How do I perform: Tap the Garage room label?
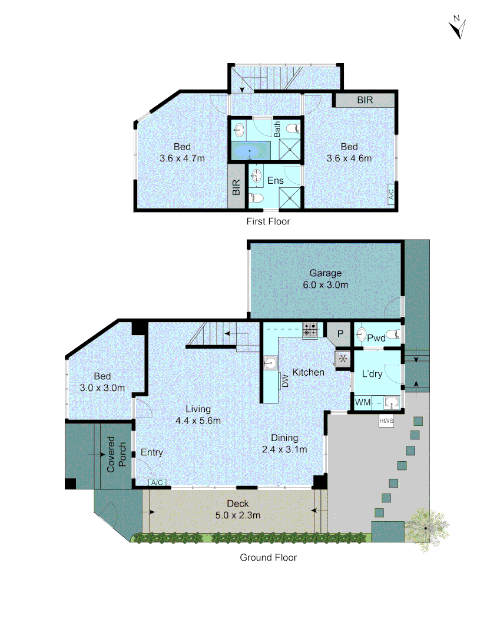(x=326, y=273)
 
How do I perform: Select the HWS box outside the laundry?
(x=386, y=421)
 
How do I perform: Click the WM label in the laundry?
(x=363, y=403)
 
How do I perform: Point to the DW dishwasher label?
(x=285, y=380)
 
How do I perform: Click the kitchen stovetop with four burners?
(x=310, y=330)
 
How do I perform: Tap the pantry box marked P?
(x=339, y=334)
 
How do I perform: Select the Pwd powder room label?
(x=376, y=338)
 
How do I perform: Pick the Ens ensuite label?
(x=276, y=180)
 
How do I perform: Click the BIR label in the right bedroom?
(x=365, y=100)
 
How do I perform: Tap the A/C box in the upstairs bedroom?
(x=391, y=195)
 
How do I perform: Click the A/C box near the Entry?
(x=157, y=483)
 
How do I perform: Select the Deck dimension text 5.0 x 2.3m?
(x=237, y=515)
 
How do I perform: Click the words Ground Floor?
(x=268, y=557)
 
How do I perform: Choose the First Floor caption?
(x=268, y=221)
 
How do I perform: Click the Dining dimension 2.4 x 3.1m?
(x=284, y=449)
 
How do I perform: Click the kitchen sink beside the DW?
(x=271, y=363)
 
